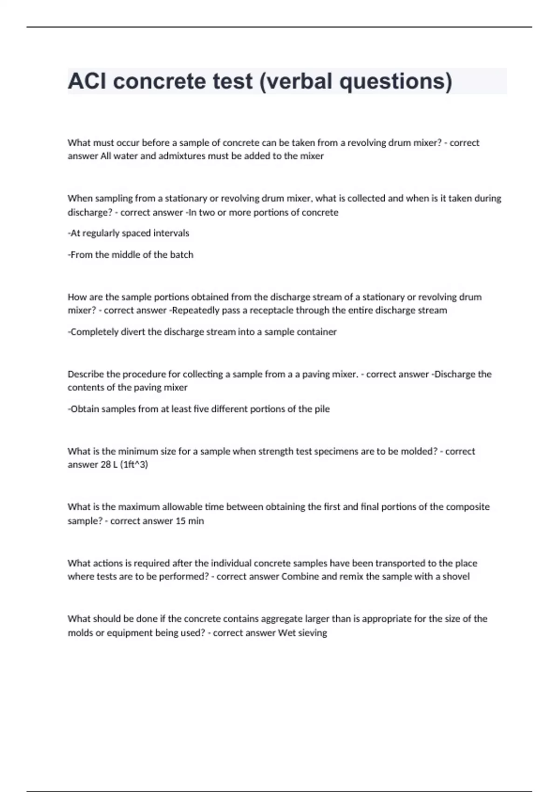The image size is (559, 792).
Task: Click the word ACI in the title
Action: click(87, 81)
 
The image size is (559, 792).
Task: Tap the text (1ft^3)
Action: click(134, 464)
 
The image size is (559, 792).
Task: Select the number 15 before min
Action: click(180, 521)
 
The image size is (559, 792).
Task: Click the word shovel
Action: click(456, 576)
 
